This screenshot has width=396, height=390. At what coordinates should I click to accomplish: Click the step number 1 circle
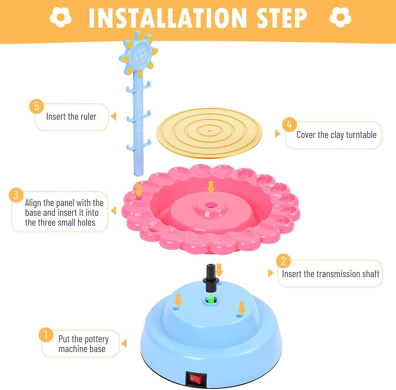pos(46,335)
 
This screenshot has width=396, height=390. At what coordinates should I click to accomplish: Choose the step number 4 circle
pos(289,124)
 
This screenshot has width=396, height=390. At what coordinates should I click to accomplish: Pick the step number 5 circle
pos(36,106)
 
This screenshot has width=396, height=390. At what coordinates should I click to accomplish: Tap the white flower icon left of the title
pos(60,17)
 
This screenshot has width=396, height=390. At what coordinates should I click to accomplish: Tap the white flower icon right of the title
pos(340,17)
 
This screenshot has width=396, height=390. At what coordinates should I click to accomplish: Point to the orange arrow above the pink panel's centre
pos(211,187)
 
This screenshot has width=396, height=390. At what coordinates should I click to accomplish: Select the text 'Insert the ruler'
pos(71,117)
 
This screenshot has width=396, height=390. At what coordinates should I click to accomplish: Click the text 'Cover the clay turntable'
pos(336,135)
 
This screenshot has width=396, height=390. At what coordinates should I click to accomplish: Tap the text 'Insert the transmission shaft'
pos(331,274)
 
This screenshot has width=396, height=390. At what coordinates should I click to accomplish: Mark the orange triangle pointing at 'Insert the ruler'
pos(114,116)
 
